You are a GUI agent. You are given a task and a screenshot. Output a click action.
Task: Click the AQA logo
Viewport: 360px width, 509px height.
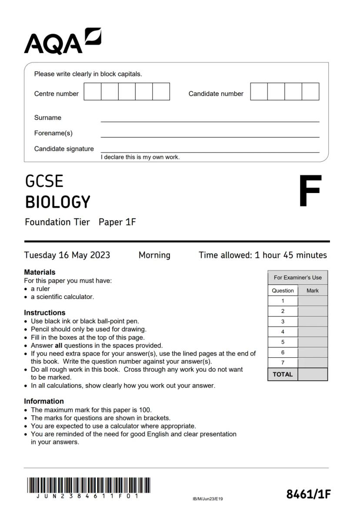[x=62, y=41]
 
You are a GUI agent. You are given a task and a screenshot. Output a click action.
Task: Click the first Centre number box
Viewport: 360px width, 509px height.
[x=92, y=92]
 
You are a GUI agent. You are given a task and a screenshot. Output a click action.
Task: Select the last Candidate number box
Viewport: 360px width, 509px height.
[x=310, y=92]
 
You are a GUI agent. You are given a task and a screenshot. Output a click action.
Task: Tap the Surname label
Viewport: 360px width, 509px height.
[x=48, y=118]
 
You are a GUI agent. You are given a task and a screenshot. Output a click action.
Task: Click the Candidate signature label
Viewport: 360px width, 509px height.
[x=64, y=149]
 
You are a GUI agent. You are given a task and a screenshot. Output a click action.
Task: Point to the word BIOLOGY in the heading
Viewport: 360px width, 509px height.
[x=57, y=202]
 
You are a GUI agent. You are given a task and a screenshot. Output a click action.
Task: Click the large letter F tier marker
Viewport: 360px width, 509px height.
[x=310, y=191]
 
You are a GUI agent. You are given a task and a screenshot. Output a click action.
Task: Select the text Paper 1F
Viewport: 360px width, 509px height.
[x=117, y=222]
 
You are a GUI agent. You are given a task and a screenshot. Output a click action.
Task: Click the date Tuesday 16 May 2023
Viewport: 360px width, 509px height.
[x=67, y=255]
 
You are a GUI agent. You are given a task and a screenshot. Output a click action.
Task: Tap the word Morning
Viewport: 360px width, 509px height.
[x=154, y=255]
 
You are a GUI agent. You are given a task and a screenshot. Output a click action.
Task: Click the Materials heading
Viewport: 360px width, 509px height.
[x=40, y=272]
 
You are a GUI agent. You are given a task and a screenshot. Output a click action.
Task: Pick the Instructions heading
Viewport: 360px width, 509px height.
[x=44, y=313]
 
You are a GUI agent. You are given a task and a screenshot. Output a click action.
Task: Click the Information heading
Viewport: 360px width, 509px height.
[x=43, y=401]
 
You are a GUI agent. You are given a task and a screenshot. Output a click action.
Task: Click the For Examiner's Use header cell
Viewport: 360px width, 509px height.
[x=297, y=278]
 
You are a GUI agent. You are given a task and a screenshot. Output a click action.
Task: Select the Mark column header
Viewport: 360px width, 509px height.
[x=312, y=290]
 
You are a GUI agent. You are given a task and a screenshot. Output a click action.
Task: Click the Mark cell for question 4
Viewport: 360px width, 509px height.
[x=312, y=332]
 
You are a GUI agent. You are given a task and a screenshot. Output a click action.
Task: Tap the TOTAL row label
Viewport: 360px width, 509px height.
[x=283, y=374]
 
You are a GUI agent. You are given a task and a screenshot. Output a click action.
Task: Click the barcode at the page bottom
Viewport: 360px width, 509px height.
[x=89, y=486]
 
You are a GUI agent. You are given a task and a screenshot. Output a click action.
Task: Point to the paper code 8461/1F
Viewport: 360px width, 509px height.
[x=308, y=494]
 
